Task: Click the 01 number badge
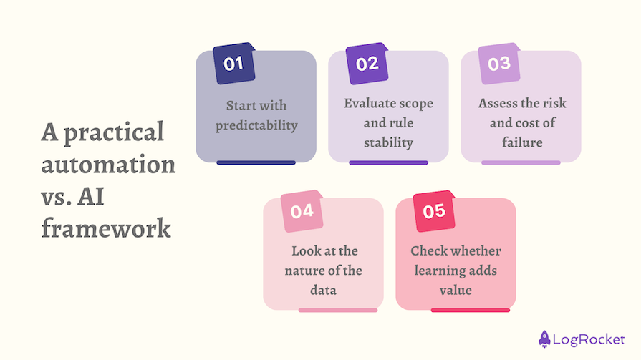233,64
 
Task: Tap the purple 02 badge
366,64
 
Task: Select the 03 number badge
498,64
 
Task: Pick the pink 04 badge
302,211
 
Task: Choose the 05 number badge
434,211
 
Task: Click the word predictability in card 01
256,125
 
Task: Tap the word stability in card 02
388,142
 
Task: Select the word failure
520,142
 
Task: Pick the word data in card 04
323,291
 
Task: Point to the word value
456,291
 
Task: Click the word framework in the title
106,229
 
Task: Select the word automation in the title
108,165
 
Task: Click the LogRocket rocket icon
545,338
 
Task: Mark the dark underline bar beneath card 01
256,162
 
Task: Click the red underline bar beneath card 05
470,310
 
